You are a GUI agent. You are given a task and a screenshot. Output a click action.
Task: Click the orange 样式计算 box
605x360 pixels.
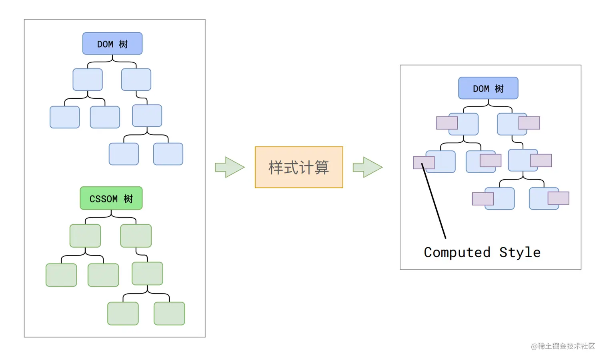point(299,167)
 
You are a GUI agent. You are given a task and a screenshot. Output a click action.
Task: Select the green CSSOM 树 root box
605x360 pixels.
point(111,198)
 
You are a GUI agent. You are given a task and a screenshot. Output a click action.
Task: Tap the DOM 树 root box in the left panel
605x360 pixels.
point(112,44)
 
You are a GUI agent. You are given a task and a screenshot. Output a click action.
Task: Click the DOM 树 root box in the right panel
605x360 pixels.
point(488,88)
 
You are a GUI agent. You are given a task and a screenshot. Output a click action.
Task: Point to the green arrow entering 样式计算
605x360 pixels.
point(230,167)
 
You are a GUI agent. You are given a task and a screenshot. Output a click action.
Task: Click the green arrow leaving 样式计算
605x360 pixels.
point(367,167)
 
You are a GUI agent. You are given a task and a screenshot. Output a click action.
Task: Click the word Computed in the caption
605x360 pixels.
point(457,252)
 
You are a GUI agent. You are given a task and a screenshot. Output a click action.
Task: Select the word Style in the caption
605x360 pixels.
point(520,252)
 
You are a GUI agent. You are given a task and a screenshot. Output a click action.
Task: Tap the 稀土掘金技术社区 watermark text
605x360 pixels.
point(563,346)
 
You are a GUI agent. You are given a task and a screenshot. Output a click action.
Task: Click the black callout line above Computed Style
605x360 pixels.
point(434,202)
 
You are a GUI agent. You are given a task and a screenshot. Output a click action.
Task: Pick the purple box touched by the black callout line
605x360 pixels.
point(423,162)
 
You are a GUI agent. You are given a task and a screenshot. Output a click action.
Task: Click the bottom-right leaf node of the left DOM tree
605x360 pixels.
point(168,154)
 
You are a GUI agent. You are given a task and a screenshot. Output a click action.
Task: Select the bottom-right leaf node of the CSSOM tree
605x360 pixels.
point(169,314)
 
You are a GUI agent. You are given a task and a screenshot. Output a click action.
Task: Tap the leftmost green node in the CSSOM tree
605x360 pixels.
point(61,275)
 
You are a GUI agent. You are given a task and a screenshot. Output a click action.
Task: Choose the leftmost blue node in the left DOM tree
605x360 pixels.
point(64,117)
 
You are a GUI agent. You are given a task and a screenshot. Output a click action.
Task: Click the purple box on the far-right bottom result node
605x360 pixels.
point(558,198)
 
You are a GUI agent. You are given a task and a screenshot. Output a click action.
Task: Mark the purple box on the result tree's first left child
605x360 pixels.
point(447,123)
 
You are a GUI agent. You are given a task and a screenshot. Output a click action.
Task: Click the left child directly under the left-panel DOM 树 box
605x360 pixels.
point(88,80)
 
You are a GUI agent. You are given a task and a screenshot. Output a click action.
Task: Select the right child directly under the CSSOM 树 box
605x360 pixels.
point(136,236)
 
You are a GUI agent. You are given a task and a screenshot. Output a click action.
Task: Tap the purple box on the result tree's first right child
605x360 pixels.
point(529,123)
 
